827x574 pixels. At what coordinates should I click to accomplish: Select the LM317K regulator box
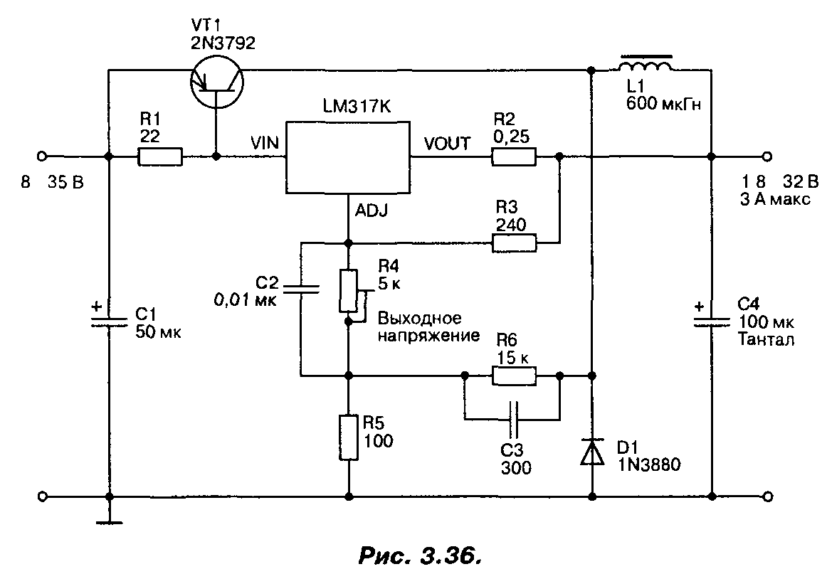(347, 156)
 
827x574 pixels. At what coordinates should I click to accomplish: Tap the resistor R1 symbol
(160, 156)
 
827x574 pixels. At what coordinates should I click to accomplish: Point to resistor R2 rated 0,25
(513, 156)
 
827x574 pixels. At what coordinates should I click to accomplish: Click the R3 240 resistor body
(513, 244)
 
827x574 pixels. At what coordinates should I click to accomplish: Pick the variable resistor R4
(349, 290)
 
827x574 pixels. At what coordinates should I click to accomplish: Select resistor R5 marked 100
(349, 437)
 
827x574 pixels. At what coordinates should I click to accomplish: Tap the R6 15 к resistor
(513, 375)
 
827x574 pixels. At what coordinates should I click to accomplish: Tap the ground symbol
(108, 523)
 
